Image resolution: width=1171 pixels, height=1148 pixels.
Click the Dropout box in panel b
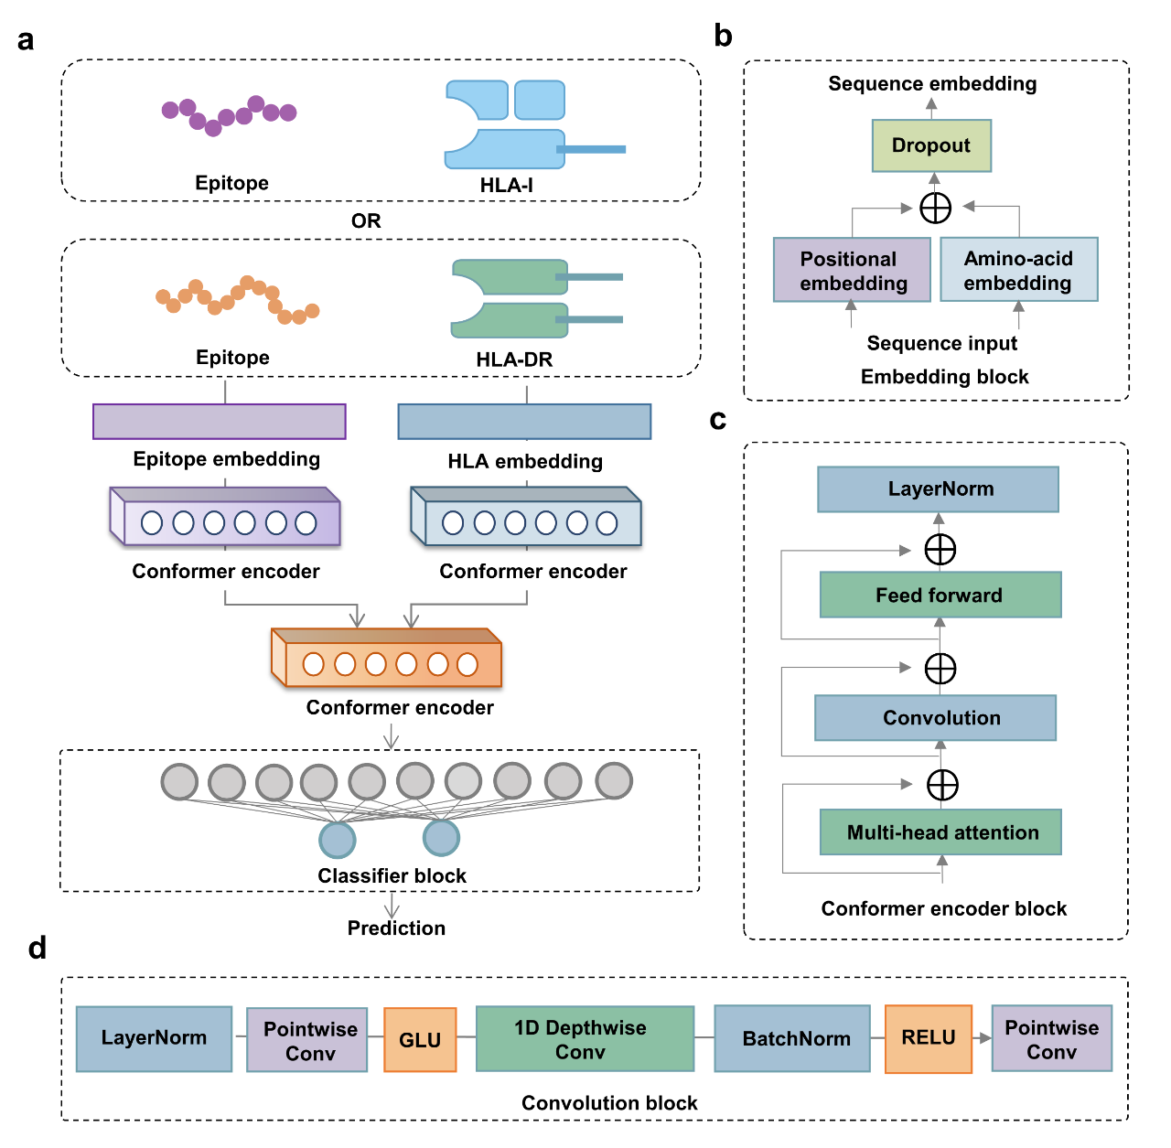click(x=931, y=145)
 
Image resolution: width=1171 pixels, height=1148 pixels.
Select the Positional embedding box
click(x=852, y=270)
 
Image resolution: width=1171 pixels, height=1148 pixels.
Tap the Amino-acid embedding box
click(x=1018, y=270)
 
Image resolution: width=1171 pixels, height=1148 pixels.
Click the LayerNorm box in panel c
click(x=938, y=489)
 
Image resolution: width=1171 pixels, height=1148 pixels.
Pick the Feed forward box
click(x=940, y=595)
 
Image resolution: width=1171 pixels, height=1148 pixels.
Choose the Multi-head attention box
click(x=940, y=832)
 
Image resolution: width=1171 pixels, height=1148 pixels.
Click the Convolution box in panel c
click(x=935, y=718)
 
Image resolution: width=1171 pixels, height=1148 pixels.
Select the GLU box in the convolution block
click(x=420, y=1040)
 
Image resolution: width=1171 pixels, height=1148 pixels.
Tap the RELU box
click(x=928, y=1038)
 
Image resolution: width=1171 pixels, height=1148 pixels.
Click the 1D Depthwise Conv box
click(x=585, y=1039)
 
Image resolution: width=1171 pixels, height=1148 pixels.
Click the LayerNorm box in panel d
click(x=154, y=1038)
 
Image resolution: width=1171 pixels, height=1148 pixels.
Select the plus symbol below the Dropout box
click(x=935, y=208)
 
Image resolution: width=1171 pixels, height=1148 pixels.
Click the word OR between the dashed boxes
click(x=366, y=220)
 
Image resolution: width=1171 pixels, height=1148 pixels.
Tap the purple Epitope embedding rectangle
click(x=220, y=422)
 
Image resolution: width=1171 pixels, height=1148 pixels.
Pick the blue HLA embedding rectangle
click(x=524, y=422)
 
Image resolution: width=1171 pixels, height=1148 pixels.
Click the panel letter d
click(x=37, y=948)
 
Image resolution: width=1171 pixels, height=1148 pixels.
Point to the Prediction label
click(x=396, y=928)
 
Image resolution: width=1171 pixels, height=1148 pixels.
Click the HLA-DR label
click(x=514, y=359)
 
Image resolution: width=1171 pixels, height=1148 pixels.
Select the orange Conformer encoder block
click(x=387, y=659)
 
